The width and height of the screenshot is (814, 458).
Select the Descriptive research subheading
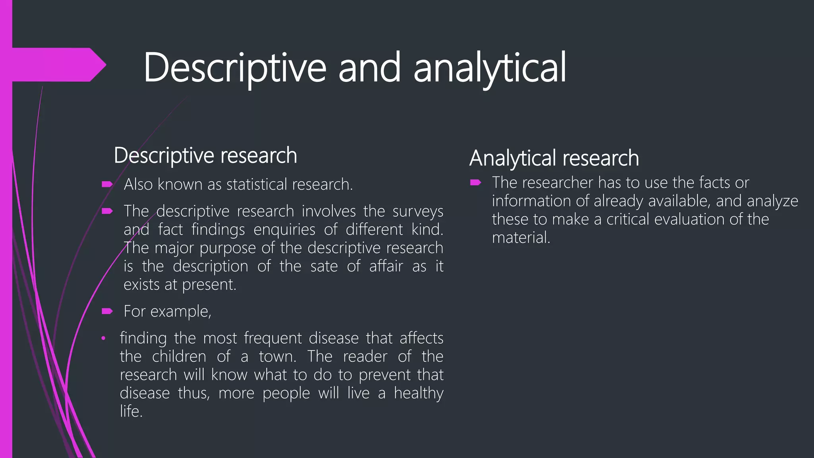point(205,155)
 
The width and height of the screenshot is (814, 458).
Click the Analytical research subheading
point(554,158)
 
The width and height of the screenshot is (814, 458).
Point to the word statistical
point(257,184)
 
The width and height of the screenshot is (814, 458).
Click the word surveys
point(418,211)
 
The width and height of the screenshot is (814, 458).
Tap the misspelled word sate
point(324,266)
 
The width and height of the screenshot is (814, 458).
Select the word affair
point(386,266)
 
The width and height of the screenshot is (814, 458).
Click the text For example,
point(167,311)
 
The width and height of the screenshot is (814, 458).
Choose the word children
point(179,357)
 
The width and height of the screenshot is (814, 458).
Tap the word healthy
point(419,393)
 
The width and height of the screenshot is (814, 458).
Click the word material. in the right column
point(521,238)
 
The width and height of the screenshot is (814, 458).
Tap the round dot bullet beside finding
point(103,338)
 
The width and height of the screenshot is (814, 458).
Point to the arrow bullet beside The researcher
point(475,182)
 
